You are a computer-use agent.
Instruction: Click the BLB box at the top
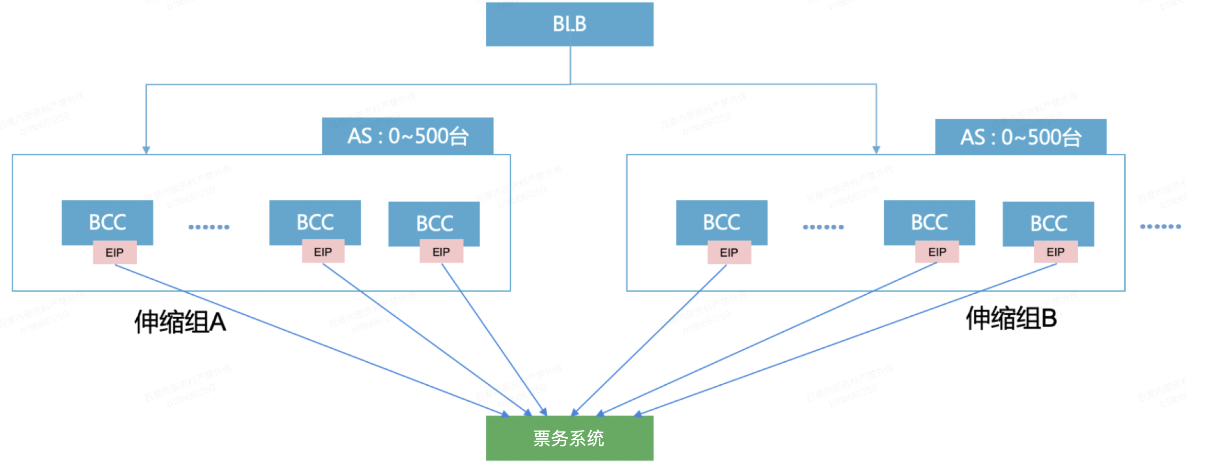coord(570,24)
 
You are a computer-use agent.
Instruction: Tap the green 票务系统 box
coord(570,438)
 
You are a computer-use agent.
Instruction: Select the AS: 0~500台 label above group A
coord(408,136)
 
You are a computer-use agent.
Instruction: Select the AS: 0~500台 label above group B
coord(1020,137)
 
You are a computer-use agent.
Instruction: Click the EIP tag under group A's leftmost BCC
coord(115,253)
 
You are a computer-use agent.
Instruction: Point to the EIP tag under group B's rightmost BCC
coord(1055,252)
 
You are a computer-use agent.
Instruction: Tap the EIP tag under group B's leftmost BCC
coord(729,253)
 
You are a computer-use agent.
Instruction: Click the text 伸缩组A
coord(180,322)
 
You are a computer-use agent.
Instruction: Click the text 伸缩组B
coord(1011,318)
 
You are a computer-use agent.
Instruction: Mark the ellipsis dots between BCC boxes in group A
coord(209,227)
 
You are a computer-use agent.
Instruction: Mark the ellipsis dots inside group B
coord(823,227)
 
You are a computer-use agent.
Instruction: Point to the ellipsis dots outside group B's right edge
coord(1160,226)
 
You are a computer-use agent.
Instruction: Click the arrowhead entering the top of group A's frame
coord(146,150)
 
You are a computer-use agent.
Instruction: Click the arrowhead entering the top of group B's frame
coord(876,150)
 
